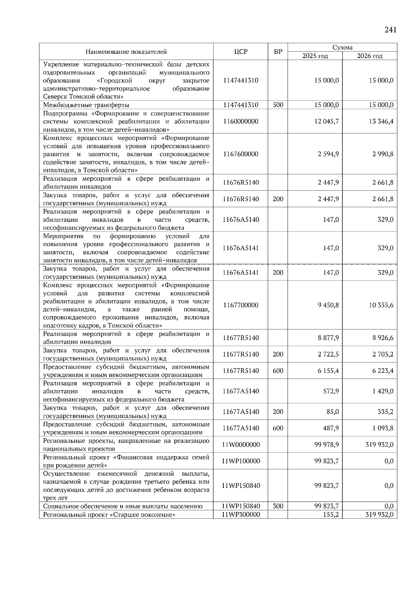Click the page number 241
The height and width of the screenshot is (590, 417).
(x=390, y=30)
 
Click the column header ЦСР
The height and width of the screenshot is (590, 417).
(x=240, y=52)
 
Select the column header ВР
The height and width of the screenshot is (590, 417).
(x=278, y=52)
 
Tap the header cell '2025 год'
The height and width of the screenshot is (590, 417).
(x=315, y=56)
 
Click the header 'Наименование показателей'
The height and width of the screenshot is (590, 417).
(x=126, y=52)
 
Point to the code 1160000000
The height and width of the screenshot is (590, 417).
(x=240, y=122)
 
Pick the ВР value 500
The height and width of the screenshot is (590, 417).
(x=278, y=105)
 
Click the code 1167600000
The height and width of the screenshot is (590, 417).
(x=240, y=154)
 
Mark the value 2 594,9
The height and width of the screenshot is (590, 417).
(x=328, y=154)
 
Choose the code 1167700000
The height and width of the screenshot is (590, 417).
(x=240, y=305)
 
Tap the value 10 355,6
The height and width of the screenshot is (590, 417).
(x=381, y=305)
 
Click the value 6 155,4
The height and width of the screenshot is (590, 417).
(x=328, y=371)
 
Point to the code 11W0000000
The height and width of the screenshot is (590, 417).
(x=240, y=445)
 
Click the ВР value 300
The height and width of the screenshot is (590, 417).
(x=278, y=506)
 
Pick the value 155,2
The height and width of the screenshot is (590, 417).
(x=330, y=515)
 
